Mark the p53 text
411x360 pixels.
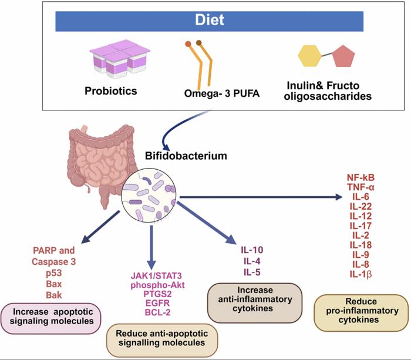point(62,273)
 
